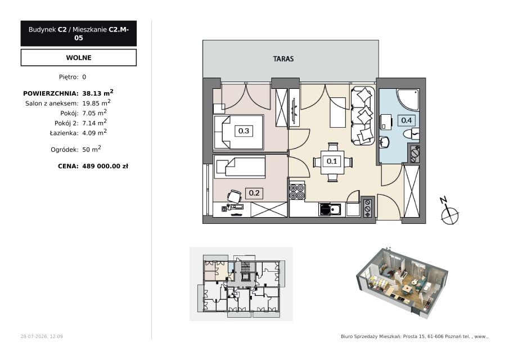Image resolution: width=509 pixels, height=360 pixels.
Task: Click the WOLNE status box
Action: (79, 57)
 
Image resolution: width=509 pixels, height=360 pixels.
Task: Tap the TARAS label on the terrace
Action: (283, 58)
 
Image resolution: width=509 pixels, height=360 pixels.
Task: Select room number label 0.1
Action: (331, 161)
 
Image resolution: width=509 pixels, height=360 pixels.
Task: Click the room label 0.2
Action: (254, 193)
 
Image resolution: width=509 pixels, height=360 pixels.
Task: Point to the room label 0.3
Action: (244, 131)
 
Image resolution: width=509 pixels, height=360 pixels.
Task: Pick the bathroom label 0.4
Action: (407, 120)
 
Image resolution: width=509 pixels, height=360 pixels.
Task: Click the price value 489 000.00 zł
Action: (105, 166)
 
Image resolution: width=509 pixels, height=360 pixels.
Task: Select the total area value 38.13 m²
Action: (98, 93)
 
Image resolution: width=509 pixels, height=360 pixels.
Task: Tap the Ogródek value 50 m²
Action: (92, 149)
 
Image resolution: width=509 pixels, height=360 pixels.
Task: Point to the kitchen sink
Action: (330, 209)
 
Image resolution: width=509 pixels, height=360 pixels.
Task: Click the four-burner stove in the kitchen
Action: (297, 191)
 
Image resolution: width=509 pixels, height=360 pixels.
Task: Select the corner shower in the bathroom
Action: (407, 100)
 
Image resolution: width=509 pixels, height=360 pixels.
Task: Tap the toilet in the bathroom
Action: (411, 133)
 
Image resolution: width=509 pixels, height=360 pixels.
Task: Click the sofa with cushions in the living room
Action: (362, 115)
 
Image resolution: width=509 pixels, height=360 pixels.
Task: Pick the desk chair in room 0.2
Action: (234, 196)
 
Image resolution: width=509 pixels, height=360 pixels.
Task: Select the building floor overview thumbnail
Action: (241, 284)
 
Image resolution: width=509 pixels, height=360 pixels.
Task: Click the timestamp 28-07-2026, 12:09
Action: (42, 336)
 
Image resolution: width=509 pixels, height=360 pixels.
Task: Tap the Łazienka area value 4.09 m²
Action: (94, 132)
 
